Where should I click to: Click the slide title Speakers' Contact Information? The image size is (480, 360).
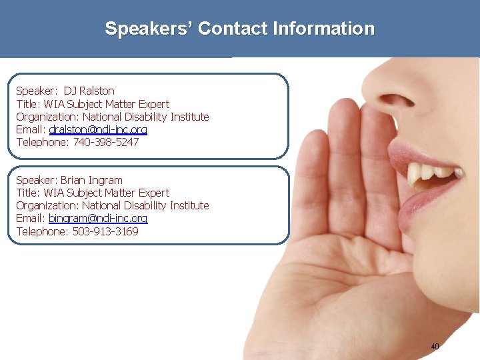239,29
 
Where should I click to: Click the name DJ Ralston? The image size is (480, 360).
89,91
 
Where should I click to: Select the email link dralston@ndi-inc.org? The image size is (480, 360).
98,129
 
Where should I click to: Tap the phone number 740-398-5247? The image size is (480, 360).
106,142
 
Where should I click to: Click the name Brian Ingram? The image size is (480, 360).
92,180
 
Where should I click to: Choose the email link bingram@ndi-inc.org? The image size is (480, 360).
98,219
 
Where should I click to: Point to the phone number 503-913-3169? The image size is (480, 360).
106,231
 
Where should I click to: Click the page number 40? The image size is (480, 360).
435,347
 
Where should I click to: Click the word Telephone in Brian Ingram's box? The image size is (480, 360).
41,231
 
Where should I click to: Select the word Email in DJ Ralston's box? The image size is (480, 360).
30,129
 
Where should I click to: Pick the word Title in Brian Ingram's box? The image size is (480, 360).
27,193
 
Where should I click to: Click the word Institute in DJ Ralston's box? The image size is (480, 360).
190,117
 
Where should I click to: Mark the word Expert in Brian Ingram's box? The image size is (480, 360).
153,193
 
